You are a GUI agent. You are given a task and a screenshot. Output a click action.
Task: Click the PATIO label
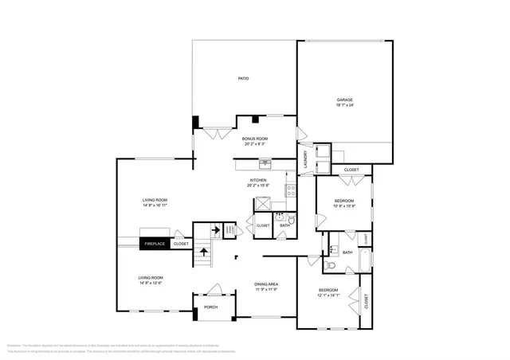point(244,79)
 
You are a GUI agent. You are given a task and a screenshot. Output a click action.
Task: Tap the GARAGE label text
point(344,100)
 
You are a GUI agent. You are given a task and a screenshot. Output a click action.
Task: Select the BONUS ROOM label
point(255,139)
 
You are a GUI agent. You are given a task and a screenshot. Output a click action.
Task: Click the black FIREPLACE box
point(155,244)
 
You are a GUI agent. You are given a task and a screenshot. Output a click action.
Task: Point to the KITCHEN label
point(258,181)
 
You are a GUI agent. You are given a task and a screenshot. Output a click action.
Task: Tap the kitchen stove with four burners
point(291,191)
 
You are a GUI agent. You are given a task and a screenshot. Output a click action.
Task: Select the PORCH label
point(210,307)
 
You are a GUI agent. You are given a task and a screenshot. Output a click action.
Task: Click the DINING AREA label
point(265,284)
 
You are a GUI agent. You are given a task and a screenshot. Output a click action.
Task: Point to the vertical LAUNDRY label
point(304,159)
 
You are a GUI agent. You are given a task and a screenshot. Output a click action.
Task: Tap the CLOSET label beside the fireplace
point(181,244)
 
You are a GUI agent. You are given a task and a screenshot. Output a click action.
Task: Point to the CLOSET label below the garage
point(351,170)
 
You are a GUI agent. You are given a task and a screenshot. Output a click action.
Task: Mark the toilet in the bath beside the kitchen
point(291,219)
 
